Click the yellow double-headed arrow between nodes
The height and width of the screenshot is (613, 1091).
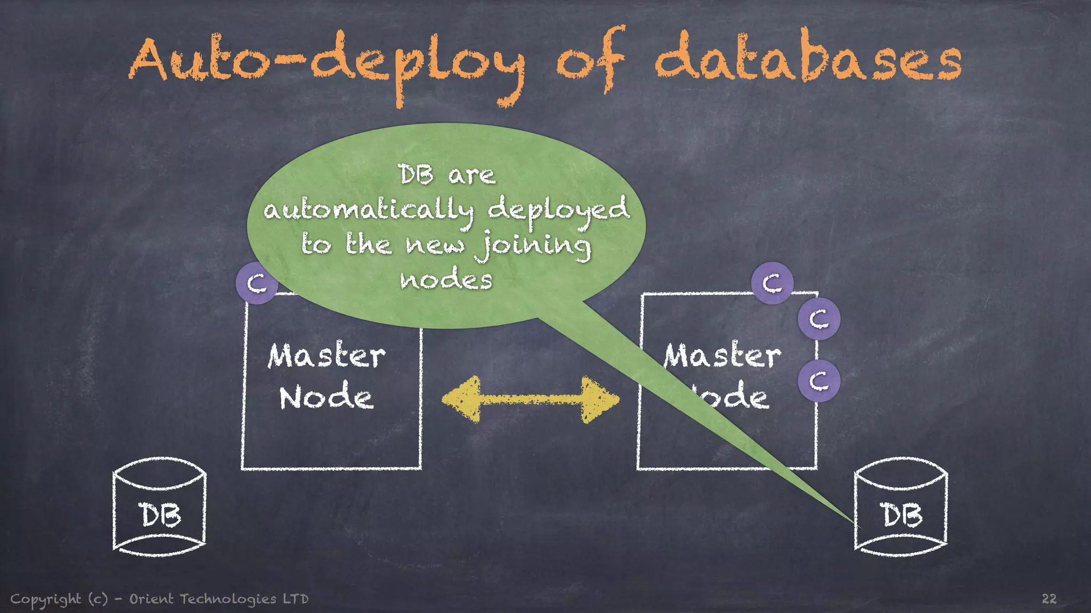coord(531,400)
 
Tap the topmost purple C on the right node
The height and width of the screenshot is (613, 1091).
coord(772,283)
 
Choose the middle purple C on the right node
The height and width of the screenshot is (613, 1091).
coord(819,319)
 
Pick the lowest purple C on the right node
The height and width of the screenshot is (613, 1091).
coord(819,381)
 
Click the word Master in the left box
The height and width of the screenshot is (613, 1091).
coord(326,356)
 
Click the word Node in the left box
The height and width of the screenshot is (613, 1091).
coord(326,397)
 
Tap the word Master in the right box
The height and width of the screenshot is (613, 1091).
coord(722,356)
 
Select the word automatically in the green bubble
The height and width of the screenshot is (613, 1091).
coord(368,211)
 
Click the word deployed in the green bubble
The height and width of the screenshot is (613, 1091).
coord(558,210)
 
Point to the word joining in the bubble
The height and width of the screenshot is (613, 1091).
coord(533,246)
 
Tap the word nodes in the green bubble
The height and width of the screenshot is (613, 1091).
coord(446,280)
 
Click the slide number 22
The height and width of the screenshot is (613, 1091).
coord(1048,599)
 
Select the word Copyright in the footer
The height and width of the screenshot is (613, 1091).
coord(46,599)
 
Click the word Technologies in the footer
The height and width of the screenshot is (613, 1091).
coord(228,599)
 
